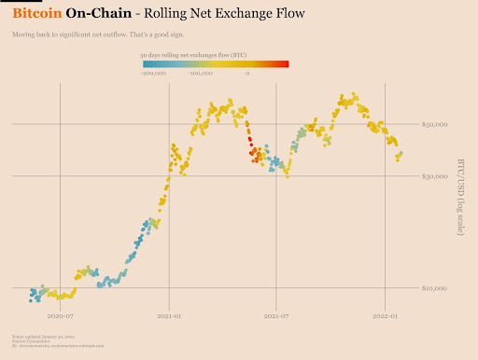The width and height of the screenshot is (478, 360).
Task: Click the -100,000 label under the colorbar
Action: tap(200, 73)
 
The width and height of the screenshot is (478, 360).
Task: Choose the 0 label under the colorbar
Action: tap(248, 73)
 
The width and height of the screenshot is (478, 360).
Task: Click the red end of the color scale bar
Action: tap(284, 64)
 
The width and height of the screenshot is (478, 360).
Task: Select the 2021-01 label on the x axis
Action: tap(169, 316)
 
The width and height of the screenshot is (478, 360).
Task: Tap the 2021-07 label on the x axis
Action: tap(276, 316)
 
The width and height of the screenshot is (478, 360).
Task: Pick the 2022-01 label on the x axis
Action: tap(386, 316)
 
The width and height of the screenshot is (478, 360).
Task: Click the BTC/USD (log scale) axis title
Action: tap(459, 195)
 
